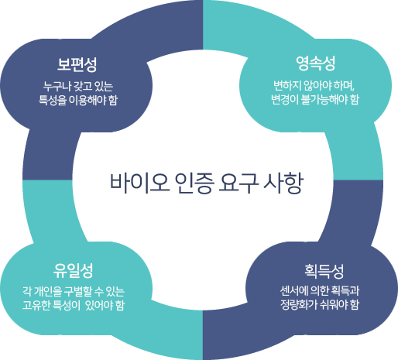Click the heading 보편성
tap(77, 64)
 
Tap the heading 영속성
tap(315, 63)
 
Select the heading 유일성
tap(73, 271)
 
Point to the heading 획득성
tap(324, 271)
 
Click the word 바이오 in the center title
tap(140, 183)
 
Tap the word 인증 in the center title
tap(194, 183)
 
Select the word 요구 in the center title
tap(238, 183)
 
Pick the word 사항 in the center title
tap(283, 183)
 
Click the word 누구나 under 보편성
tap(57, 87)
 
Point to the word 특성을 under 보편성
tap(53, 100)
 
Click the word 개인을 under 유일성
tap(48, 292)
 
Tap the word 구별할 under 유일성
tap(78, 292)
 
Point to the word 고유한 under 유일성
tap(36, 305)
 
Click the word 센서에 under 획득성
tap(293, 291)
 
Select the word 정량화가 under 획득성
tap(299, 305)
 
